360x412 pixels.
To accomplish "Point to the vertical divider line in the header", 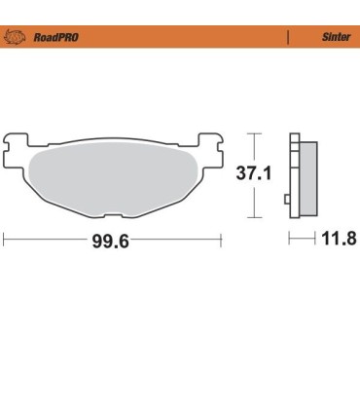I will [x=288, y=39].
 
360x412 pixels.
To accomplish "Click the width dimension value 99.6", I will [x=111, y=240].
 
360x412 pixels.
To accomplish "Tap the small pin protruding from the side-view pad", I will [x=285, y=200].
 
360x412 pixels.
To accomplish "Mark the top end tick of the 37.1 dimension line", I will [x=254, y=132].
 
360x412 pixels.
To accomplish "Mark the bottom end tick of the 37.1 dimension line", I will [x=254, y=216].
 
